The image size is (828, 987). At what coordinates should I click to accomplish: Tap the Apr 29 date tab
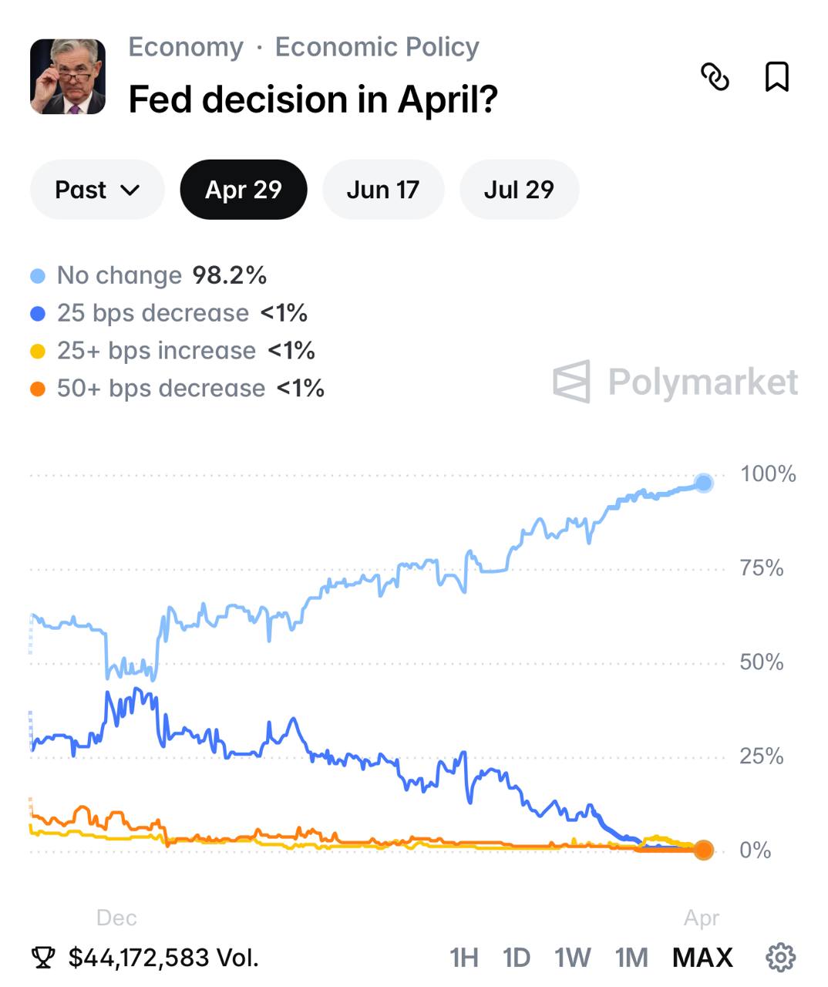[x=244, y=190]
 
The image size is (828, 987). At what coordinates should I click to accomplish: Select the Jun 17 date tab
[x=382, y=190]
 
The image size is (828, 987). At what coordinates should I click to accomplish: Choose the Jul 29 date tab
[x=519, y=190]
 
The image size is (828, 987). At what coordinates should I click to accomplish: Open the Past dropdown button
[x=97, y=190]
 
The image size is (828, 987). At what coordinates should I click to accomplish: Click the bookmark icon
[x=776, y=77]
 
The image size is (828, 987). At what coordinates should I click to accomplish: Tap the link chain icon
[x=715, y=77]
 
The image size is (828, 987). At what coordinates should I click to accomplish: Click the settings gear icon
[x=780, y=957]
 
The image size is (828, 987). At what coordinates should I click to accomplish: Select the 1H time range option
[x=464, y=958]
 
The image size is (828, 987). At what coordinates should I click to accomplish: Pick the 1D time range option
[x=517, y=958]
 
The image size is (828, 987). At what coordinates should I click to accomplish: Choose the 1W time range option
[x=572, y=958]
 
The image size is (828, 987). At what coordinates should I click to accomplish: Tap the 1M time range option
[x=631, y=958]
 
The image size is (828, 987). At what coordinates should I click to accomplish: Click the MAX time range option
[x=702, y=958]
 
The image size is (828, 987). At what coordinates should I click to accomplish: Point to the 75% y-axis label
[x=761, y=568]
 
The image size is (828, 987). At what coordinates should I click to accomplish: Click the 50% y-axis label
[x=761, y=662]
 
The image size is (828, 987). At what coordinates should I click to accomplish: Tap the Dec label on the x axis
[x=116, y=918]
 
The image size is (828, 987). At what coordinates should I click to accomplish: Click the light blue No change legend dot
[x=38, y=276]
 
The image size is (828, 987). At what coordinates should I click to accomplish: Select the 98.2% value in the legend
[x=229, y=275]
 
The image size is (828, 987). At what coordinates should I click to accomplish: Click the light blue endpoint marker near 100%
[x=703, y=483]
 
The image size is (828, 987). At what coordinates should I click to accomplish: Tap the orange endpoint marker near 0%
[x=703, y=851]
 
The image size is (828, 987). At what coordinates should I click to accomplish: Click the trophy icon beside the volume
[x=43, y=958]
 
